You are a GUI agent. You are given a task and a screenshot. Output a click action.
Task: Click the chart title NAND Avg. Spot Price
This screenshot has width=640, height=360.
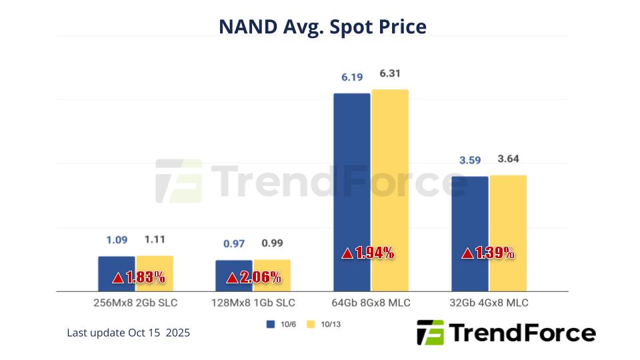pyautogui.click(x=322, y=26)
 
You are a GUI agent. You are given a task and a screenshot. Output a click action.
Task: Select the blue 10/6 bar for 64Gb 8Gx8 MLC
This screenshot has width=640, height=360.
pyautogui.click(x=351, y=173)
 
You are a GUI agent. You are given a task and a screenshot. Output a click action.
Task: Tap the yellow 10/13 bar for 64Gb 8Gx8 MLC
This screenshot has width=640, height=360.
pyautogui.click(x=390, y=173)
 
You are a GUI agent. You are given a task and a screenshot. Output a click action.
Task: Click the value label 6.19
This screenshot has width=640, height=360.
pyautogui.click(x=352, y=77)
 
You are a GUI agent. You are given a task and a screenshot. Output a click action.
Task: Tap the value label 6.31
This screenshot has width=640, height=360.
pyautogui.click(x=389, y=73)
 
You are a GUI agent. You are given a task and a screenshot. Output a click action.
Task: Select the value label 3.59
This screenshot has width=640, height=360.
pyautogui.click(x=469, y=160)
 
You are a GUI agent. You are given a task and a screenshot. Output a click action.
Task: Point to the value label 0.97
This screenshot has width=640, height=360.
pyautogui.click(x=234, y=243)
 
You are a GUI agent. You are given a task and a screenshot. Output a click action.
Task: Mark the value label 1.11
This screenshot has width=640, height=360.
pyautogui.click(x=155, y=239)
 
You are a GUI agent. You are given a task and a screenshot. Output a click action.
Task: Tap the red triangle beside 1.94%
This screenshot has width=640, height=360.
pyautogui.click(x=347, y=253)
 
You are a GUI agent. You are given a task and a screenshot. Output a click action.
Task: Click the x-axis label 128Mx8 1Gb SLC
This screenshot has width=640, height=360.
pyautogui.click(x=253, y=303)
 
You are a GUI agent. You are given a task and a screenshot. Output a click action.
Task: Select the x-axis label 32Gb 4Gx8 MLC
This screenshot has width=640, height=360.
pyautogui.click(x=489, y=303)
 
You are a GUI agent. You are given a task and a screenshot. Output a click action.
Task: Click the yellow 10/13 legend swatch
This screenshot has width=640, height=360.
pyautogui.click(x=310, y=325)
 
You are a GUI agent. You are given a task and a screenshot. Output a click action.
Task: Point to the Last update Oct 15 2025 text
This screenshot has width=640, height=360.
pyautogui.click(x=128, y=332)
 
